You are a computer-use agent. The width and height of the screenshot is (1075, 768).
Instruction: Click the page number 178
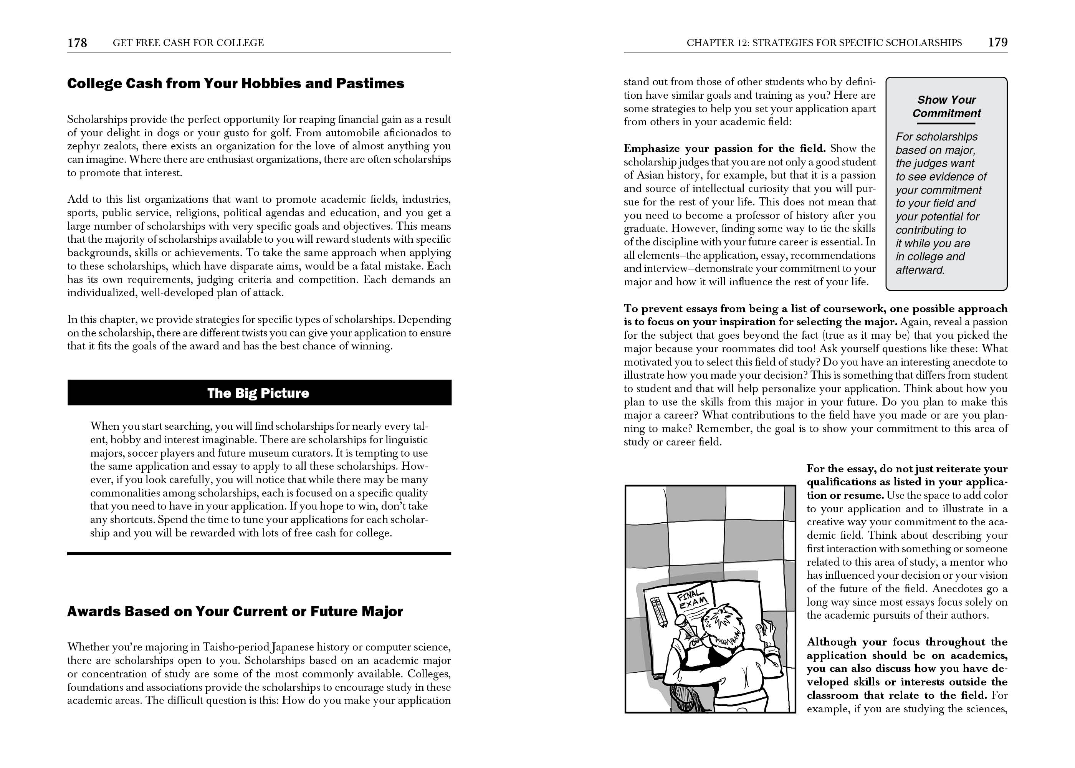click(77, 43)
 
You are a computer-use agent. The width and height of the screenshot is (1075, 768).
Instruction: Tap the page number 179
click(997, 43)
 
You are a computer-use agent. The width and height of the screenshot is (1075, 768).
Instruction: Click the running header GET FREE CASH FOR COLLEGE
click(188, 43)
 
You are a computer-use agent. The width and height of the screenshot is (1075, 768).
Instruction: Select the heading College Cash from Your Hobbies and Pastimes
click(235, 84)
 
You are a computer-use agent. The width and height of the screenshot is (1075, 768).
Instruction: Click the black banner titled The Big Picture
click(259, 393)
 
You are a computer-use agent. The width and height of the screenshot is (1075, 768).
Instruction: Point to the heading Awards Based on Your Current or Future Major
click(235, 611)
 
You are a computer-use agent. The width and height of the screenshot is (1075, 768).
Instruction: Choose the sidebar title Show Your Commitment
click(946, 106)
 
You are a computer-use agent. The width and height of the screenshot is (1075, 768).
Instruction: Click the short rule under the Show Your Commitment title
click(946, 123)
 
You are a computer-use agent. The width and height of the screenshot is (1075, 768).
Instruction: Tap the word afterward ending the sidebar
click(920, 270)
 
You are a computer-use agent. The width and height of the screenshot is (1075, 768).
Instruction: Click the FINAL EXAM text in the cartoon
click(691, 600)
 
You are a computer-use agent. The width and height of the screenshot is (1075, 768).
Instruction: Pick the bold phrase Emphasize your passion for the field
click(724, 149)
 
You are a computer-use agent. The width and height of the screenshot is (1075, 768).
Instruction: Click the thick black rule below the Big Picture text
click(259, 553)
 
